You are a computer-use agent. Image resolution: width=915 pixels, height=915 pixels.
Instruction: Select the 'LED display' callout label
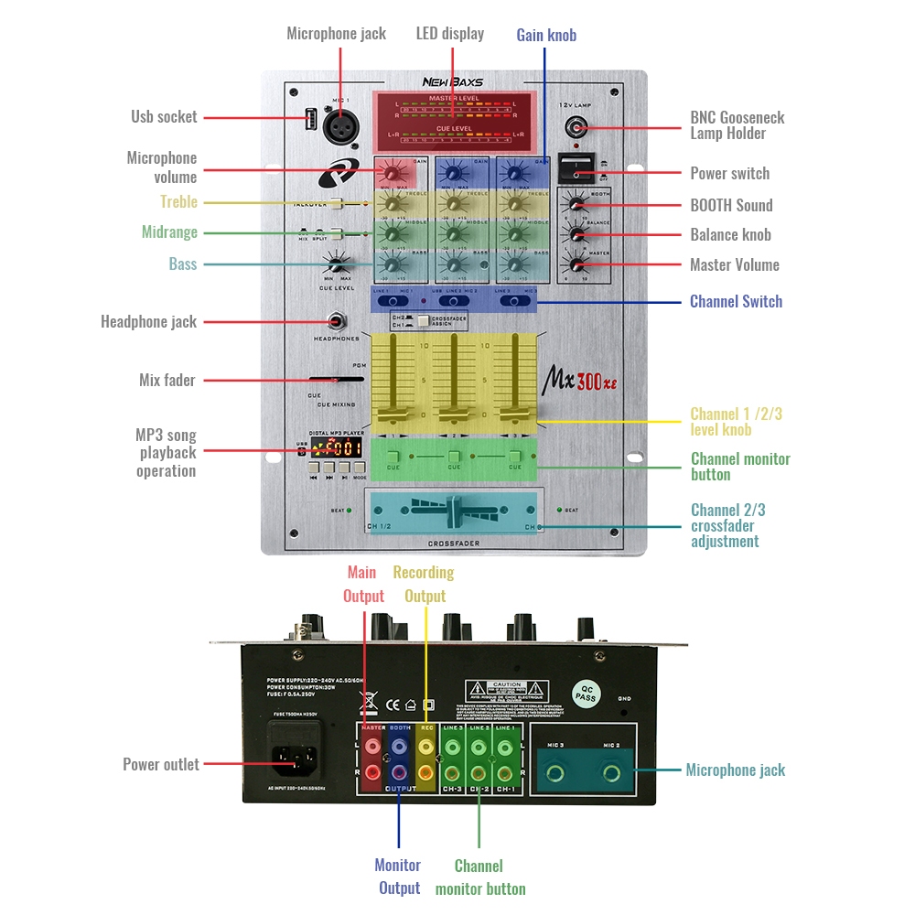click(450, 34)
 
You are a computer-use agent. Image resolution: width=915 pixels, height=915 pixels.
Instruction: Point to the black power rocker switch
click(575, 168)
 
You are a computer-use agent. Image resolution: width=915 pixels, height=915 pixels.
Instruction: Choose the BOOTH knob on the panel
click(576, 204)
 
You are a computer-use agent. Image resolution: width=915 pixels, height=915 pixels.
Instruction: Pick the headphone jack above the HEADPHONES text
click(337, 322)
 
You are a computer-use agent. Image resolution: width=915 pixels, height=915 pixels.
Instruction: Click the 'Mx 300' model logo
click(581, 378)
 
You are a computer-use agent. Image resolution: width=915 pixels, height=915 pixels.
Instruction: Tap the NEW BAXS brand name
click(452, 81)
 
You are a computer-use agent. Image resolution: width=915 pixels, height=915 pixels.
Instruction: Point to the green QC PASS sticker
click(586, 693)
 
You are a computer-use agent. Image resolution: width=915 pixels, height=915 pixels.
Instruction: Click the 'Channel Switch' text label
click(736, 301)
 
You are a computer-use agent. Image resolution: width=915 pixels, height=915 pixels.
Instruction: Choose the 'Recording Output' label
click(424, 584)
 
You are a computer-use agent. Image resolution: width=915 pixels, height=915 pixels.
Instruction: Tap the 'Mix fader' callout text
click(167, 380)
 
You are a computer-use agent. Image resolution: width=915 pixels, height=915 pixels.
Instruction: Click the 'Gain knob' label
click(546, 36)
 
